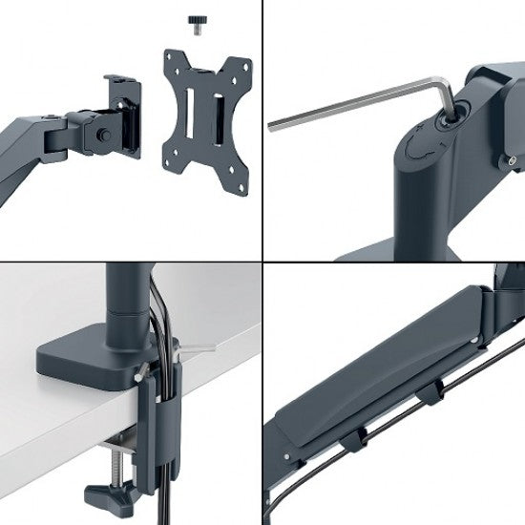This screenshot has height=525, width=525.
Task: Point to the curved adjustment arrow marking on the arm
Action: point(417,152)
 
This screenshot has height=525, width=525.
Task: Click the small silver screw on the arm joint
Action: point(512,159)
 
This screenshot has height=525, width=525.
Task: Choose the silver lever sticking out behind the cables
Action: point(197,350)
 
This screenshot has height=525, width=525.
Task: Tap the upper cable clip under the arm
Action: point(434,392)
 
